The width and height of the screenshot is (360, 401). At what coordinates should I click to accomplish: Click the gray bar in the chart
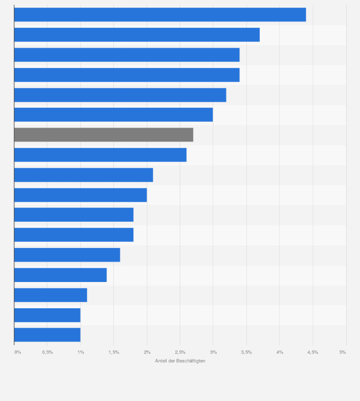(x=104, y=135)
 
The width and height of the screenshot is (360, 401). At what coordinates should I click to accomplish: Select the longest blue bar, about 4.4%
(x=160, y=14)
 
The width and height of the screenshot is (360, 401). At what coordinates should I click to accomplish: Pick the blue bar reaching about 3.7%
(x=137, y=34)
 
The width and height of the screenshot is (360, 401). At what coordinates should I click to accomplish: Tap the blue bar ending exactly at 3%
(x=114, y=115)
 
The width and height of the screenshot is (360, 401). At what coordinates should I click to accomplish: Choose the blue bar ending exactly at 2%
(x=80, y=195)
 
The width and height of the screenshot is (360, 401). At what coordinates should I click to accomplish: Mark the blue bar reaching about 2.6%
(x=100, y=155)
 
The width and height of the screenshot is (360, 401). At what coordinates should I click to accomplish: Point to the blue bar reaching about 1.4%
(x=60, y=275)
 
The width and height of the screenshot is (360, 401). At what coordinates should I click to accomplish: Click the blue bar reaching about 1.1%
(x=51, y=295)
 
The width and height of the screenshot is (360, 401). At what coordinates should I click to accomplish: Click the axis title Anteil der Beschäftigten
(x=180, y=361)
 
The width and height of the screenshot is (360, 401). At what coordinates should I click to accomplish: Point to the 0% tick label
(x=18, y=352)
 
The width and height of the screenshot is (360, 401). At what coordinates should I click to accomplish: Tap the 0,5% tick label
(x=47, y=352)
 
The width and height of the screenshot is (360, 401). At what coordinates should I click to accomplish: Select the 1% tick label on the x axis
(x=81, y=352)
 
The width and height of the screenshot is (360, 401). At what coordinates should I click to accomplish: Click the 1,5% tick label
(x=114, y=352)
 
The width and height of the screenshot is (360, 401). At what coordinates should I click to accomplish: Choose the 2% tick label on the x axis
(x=147, y=352)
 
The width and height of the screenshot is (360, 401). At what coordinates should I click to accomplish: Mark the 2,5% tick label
(x=180, y=352)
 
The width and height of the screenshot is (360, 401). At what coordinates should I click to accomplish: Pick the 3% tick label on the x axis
(x=213, y=352)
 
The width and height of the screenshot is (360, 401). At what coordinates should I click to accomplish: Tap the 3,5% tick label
(x=246, y=352)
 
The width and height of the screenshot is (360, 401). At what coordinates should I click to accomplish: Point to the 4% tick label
(x=280, y=352)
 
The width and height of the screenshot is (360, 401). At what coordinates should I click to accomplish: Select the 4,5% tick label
(x=313, y=352)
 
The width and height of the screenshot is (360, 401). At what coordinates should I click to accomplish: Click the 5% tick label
(x=342, y=352)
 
